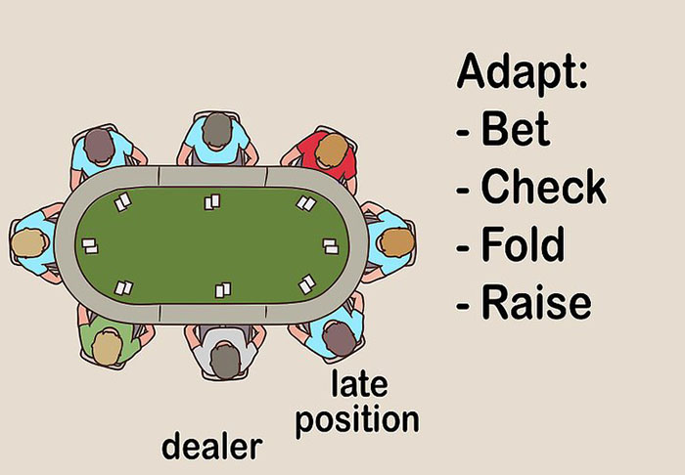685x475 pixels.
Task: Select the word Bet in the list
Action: [x=515, y=129]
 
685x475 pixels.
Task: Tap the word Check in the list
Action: [x=543, y=187]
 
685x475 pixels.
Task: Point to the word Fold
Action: [x=523, y=243]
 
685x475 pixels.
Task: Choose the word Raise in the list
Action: [x=536, y=301]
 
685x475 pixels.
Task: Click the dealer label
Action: [x=212, y=446]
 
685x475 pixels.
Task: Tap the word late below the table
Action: [x=359, y=383]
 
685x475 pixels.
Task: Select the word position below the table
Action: [x=357, y=420]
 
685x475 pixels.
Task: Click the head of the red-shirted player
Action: [x=332, y=151]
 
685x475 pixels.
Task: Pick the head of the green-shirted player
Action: [x=107, y=348]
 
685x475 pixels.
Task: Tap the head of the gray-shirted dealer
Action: [x=225, y=361]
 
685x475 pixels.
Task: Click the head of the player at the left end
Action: [x=28, y=242]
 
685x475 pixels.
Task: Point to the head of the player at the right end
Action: [x=397, y=242]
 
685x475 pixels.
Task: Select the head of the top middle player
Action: [x=217, y=130]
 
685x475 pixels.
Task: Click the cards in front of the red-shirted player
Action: [x=306, y=203]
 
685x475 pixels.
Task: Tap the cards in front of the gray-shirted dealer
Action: [x=223, y=290]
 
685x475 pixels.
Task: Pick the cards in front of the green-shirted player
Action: [x=123, y=288]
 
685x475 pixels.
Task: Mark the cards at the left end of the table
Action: [x=90, y=246]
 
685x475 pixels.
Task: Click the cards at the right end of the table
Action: [x=331, y=246]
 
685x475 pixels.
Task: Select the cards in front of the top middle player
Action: [x=212, y=202]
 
